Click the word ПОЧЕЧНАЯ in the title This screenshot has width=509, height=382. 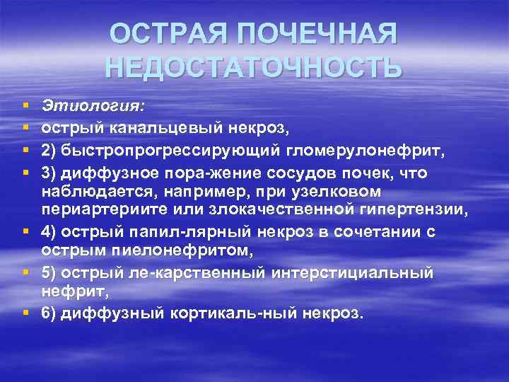[317, 35]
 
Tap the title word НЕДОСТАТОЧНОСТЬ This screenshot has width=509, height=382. [254, 67]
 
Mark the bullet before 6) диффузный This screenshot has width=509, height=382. [25, 312]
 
